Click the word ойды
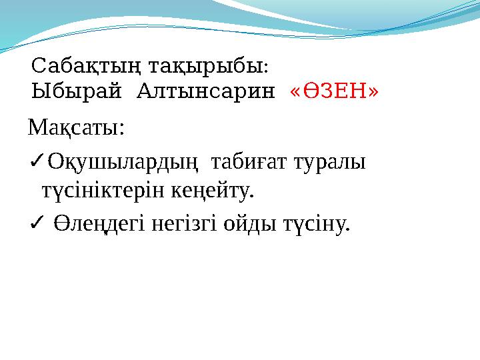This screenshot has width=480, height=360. pos(247,226)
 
